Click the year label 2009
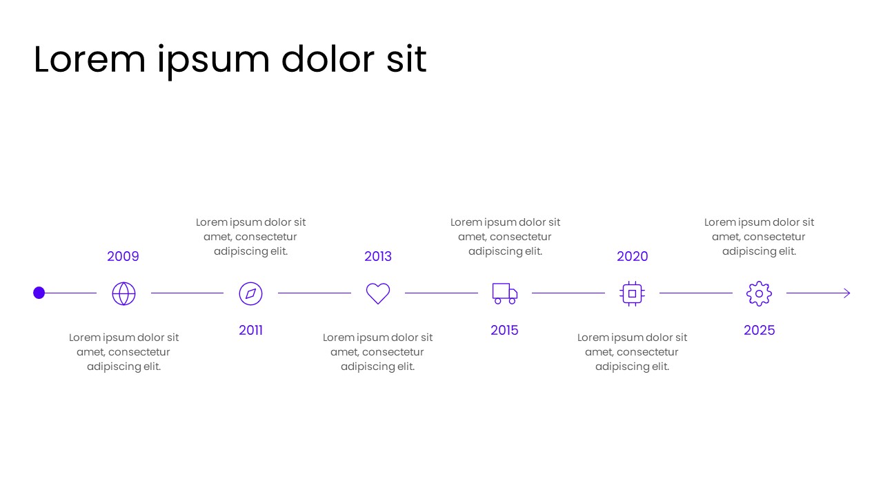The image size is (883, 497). (x=123, y=257)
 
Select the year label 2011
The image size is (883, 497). (x=250, y=331)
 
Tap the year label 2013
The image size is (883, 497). (x=377, y=257)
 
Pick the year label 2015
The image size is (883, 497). (x=504, y=331)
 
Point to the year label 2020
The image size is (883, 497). (x=632, y=257)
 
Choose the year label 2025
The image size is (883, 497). (x=759, y=331)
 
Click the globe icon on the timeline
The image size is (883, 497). (x=123, y=293)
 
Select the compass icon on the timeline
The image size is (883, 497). (x=250, y=293)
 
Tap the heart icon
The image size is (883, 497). (x=377, y=293)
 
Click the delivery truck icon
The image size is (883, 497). (x=504, y=293)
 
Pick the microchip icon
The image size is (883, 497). (x=632, y=293)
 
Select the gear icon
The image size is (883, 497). (x=759, y=293)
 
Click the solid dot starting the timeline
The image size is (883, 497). (x=39, y=293)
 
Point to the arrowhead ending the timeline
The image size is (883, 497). (x=847, y=293)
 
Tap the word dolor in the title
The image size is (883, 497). (x=328, y=59)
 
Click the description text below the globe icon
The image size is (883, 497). (x=123, y=352)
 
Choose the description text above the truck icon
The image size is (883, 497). (x=505, y=237)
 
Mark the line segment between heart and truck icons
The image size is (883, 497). (x=441, y=293)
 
